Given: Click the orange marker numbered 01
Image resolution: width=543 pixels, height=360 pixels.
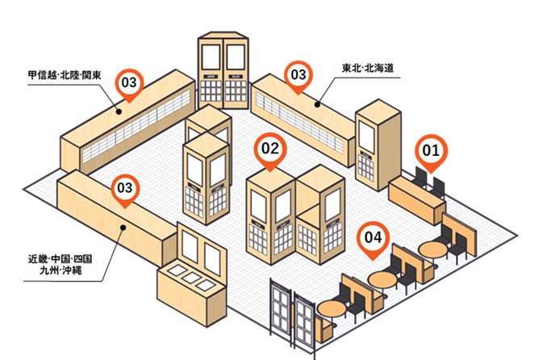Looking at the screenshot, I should coord(431,150).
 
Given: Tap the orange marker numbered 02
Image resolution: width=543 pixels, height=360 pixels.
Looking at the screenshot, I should coord(270,149).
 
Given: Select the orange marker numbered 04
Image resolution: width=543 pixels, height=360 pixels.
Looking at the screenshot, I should coord(373,239).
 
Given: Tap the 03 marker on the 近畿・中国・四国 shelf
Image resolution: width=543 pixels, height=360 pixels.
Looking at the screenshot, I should coord(124,188).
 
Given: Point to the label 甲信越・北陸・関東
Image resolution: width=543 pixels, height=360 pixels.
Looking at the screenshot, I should coord(64,76).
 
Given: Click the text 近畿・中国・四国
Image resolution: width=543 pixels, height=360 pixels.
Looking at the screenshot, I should coord(61,259).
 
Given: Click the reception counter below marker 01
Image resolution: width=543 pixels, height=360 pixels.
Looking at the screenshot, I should coord(416,201).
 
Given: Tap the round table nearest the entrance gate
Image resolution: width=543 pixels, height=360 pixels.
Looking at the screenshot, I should coord(332,308).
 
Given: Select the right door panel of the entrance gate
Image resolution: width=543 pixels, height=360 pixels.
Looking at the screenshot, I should coord(305,320).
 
